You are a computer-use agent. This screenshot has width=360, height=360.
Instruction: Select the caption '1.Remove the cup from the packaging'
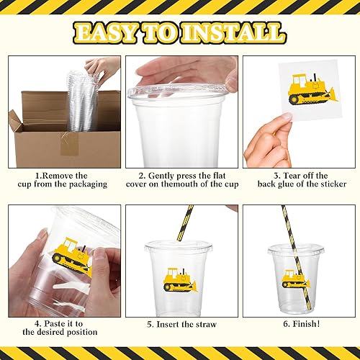tap(63, 180)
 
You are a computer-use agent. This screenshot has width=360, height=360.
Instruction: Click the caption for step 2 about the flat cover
tap(179, 180)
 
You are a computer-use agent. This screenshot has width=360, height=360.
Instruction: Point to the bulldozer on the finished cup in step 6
tap(295, 277)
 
